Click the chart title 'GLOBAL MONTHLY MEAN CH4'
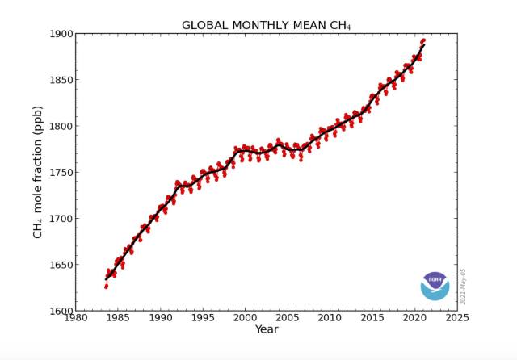pos(266,25)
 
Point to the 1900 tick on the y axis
pos(61,34)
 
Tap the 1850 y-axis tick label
pos(61,80)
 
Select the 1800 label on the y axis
pos(61,126)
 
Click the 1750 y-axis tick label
pos(61,173)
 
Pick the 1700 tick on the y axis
pos(61,219)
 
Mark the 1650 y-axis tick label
pos(61,265)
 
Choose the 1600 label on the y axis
pos(61,311)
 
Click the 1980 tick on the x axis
pos(75,318)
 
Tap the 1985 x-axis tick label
pos(117,318)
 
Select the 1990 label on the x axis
pos(160,318)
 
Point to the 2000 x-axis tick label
pos(245,318)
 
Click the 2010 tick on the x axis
pos(330,318)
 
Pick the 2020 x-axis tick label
pos(414,318)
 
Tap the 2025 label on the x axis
pos(457,318)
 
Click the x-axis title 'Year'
pos(267,329)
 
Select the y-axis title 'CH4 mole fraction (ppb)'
pos(38,172)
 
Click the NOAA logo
pos(435,285)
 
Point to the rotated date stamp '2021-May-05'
pos(462,287)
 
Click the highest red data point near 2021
pos(423,40)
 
